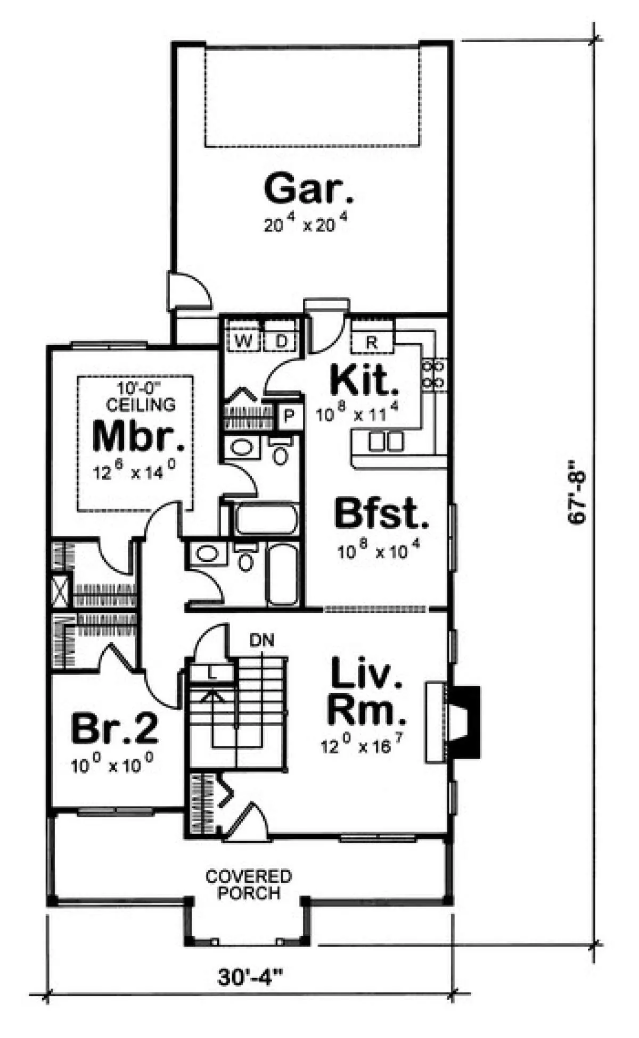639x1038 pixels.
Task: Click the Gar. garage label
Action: click(x=308, y=189)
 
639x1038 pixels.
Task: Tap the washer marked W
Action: click(x=244, y=341)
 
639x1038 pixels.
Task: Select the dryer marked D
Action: click(x=281, y=341)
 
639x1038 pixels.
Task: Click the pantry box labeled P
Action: click(x=289, y=416)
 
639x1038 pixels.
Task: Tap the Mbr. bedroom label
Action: click(x=139, y=436)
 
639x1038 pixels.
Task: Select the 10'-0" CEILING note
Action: click(x=141, y=396)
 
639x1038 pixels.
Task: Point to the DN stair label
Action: click(x=262, y=640)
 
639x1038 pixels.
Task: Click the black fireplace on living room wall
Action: click(x=465, y=722)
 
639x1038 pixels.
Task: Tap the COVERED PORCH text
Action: click(x=249, y=884)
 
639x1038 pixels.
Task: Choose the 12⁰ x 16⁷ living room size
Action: click(x=361, y=745)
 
